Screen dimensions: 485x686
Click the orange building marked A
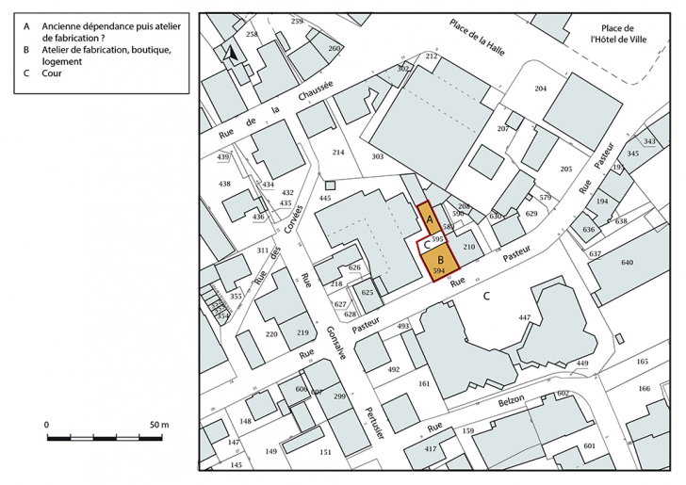point(428,219)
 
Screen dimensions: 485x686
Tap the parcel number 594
point(438,271)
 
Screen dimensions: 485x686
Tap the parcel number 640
point(627,263)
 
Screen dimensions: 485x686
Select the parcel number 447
point(525,319)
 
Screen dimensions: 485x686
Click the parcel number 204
point(540,89)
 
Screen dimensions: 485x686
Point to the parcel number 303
point(377,156)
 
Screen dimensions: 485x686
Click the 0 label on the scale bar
point(46,426)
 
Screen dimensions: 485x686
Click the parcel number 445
point(325,199)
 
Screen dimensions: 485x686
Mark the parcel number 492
point(393,370)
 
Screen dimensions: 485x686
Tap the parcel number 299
point(338,398)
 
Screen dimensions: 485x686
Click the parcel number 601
point(590,446)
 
